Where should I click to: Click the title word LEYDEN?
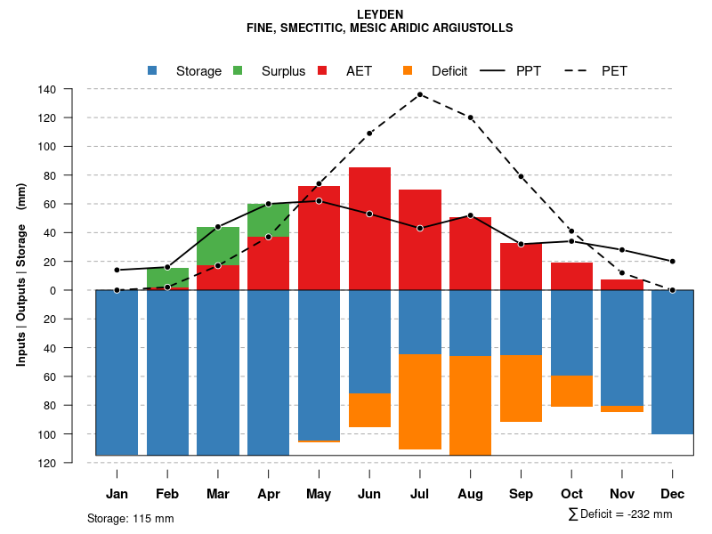click(380, 14)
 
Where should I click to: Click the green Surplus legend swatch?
click(238, 71)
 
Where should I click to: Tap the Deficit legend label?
click(449, 71)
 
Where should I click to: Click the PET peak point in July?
click(420, 94)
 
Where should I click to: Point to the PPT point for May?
click(319, 201)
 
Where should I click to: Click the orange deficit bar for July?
click(420, 401)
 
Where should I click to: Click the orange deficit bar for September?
click(521, 388)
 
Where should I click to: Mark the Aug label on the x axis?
click(470, 494)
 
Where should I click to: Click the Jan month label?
click(117, 494)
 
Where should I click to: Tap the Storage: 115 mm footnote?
click(131, 518)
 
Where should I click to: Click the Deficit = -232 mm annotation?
click(620, 514)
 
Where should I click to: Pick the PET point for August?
click(470, 117)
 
